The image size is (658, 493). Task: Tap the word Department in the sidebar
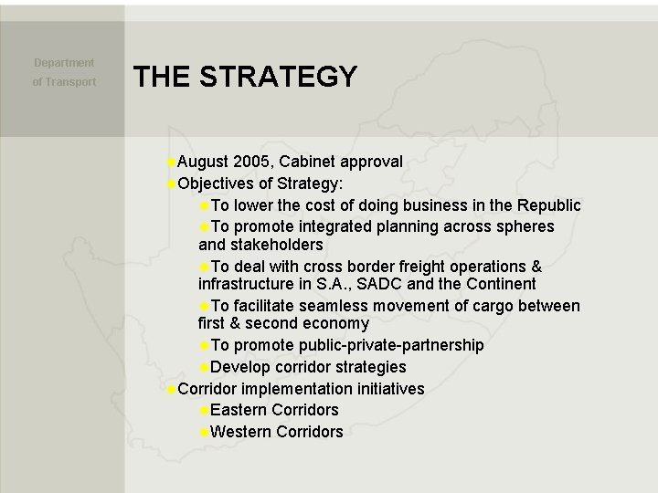(64, 63)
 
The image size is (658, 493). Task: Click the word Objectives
(217, 183)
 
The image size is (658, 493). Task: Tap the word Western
(240, 432)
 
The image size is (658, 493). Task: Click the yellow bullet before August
(172, 162)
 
